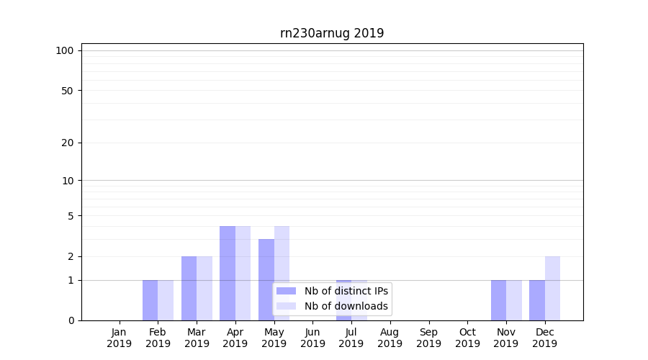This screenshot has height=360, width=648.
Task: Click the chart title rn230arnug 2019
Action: tap(332, 33)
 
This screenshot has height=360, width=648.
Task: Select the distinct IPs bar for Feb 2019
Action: tap(150, 300)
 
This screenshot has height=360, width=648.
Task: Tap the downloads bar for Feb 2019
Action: tap(166, 300)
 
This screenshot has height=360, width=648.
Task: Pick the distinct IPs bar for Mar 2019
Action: tap(189, 288)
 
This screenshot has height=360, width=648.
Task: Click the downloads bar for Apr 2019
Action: tap(243, 273)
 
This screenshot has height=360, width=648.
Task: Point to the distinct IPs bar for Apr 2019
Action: tap(228, 273)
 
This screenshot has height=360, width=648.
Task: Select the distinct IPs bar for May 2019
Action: tap(266, 279)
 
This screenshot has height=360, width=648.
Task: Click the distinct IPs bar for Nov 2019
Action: tap(498, 300)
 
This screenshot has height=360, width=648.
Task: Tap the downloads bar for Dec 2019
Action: tap(552, 288)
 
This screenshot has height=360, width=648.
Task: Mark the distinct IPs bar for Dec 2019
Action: tap(537, 300)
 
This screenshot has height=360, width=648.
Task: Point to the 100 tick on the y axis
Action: tap(65, 50)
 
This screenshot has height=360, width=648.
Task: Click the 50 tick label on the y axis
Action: tap(68, 91)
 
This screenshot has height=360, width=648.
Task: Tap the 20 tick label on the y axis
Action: tap(68, 143)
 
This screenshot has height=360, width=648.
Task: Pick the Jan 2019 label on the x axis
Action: tap(120, 338)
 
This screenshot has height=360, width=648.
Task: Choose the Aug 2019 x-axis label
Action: tap(390, 338)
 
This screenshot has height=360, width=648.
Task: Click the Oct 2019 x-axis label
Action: tap(467, 338)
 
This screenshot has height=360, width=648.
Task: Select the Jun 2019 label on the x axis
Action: tap(312, 338)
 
